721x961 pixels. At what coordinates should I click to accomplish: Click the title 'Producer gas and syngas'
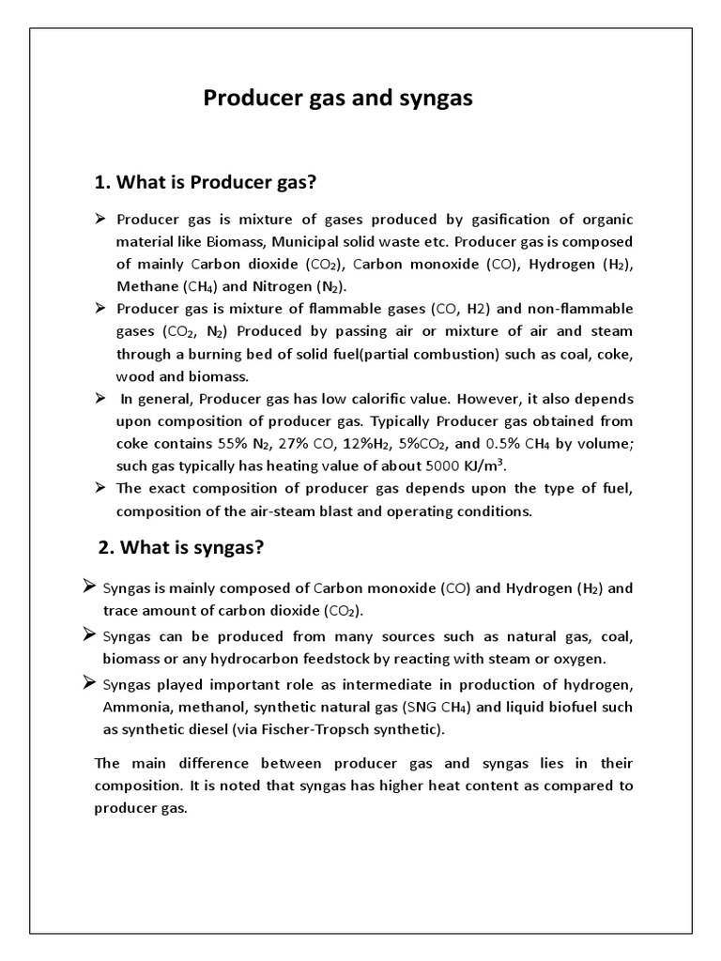[339, 99]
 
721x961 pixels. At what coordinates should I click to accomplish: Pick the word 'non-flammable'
[582, 309]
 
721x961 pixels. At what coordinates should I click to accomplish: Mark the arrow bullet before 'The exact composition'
[100, 487]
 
